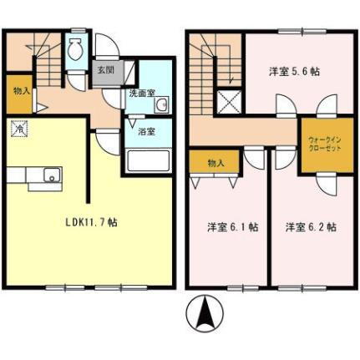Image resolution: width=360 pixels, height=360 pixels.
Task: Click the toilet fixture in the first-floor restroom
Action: pyautogui.click(x=76, y=50)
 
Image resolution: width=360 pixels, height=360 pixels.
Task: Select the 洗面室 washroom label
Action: pyautogui.click(x=141, y=93)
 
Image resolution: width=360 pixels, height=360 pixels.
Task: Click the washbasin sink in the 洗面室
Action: pyautogui.click(x=160, y=106)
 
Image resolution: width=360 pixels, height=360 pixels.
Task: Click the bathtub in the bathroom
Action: pyautogui.click(x=148, y=160)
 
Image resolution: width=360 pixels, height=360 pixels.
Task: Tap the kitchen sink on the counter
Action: pyautogui.click(x=51, y=175)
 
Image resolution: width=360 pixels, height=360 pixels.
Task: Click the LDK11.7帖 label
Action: pyautogui.click(x=92, y=223)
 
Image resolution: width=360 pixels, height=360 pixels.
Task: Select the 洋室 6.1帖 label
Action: pyautogui.click(x=232, y=226)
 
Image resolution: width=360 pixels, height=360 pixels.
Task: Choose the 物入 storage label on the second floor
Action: pyautogui.click(x=215, y=163)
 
